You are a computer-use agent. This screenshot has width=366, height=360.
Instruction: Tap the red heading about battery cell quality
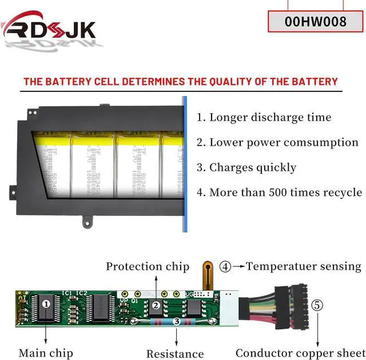(x=180, y=82)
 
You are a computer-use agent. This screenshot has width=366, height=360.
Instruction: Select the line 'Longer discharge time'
(x=264, y=118)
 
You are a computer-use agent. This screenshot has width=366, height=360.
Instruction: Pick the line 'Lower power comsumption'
(x=277, y=143)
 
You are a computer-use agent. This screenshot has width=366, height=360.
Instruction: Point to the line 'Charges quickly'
(x=246, y=167)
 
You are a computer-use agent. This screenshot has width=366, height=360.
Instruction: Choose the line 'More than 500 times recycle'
(x=279, y=193)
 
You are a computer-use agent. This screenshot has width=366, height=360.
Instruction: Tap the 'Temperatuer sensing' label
(x=304, y=266)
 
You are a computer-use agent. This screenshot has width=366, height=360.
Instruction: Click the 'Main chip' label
(x=46, y=353)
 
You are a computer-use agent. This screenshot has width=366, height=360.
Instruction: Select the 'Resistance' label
(x=175, y=354)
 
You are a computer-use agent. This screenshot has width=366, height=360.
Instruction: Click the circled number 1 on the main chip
(x=46, y=305)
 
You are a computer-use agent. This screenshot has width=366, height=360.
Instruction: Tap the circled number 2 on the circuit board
(x=155, y=306)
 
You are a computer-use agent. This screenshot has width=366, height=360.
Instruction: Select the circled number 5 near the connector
(x=317, y=305)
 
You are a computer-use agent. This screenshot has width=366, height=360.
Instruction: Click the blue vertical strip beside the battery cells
(x=185, y=165)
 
